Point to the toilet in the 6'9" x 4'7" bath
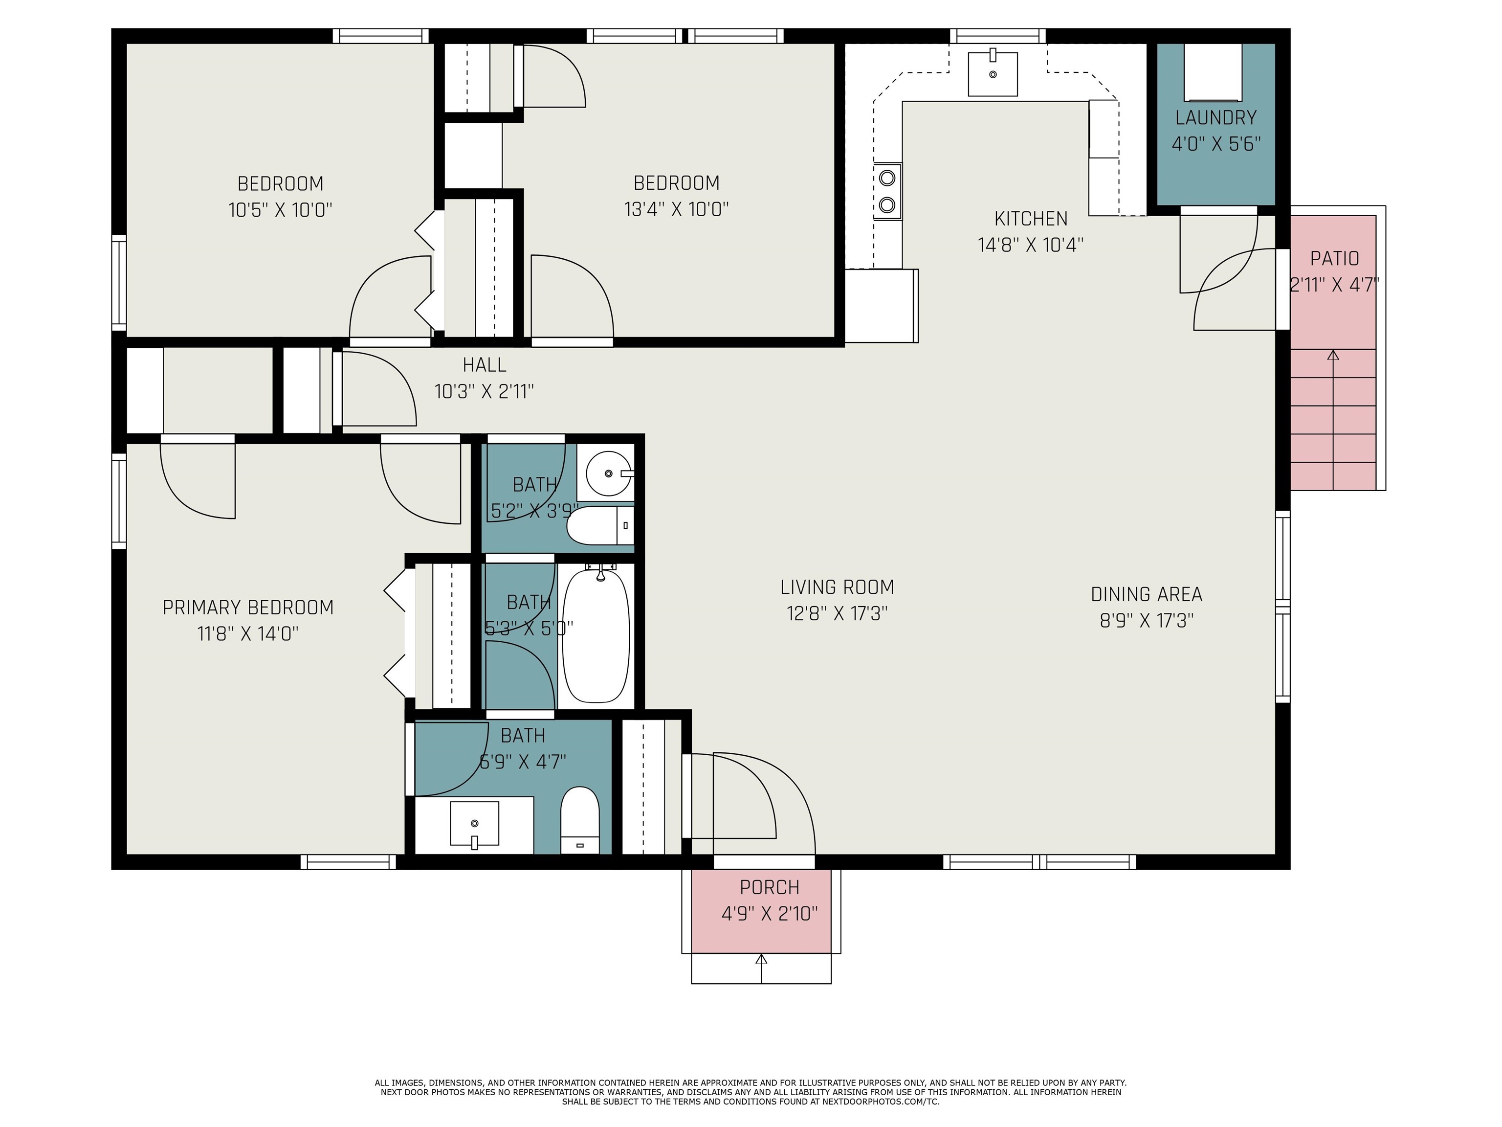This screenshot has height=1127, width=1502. click(x=580, y=820)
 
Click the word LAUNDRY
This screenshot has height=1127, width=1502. click(x=1215, y=117)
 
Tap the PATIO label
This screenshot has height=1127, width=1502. click(x=1334, y=258)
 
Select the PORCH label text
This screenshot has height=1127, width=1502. click(x=769, y=887)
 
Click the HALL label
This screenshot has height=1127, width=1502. click(x=484, y=365)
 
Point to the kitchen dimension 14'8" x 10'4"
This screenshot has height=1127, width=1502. click(x=1030, y=245)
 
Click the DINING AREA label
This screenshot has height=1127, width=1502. click(x=1146, y=594)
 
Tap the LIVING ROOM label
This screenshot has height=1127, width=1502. click(x=837, y=587)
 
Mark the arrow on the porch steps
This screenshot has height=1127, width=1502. click(x=761, y=969)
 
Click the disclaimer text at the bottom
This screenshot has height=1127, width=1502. click(x=751, y=1092)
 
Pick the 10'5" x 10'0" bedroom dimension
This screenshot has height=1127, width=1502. click(x=280, y=209)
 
